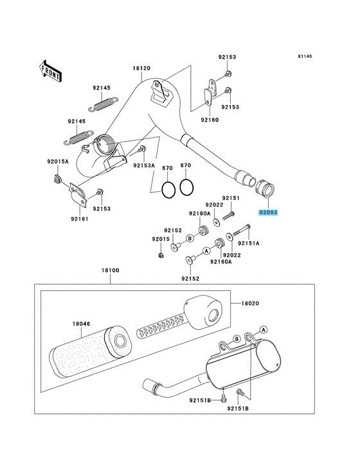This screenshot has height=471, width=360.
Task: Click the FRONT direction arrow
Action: tap(50, 71)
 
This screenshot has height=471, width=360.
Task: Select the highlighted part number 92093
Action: tap(268, 212)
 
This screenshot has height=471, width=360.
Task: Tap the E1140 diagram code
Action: tap(305, 56)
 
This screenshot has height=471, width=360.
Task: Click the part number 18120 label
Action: tap(141, 68)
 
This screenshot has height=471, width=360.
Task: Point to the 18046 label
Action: tap(81, 324)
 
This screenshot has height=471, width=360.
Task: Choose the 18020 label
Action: tap(250, 304)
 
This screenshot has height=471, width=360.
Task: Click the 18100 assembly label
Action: tap(110, 270)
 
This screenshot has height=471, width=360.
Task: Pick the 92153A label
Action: tap(144, 165)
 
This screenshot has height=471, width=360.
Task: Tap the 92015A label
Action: tap(58, 162)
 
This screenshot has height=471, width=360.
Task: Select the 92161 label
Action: tap(80, 219)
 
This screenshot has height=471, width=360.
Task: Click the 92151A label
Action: tap(248, 243)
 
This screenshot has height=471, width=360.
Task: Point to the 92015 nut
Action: tap(161, 255)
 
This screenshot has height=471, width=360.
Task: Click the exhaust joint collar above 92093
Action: tap(265, 189)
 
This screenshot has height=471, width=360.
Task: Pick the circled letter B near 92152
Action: tap(190, 239)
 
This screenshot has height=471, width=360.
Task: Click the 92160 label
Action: tap(210, 120)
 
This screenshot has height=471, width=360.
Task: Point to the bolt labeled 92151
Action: tap(228, 216)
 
